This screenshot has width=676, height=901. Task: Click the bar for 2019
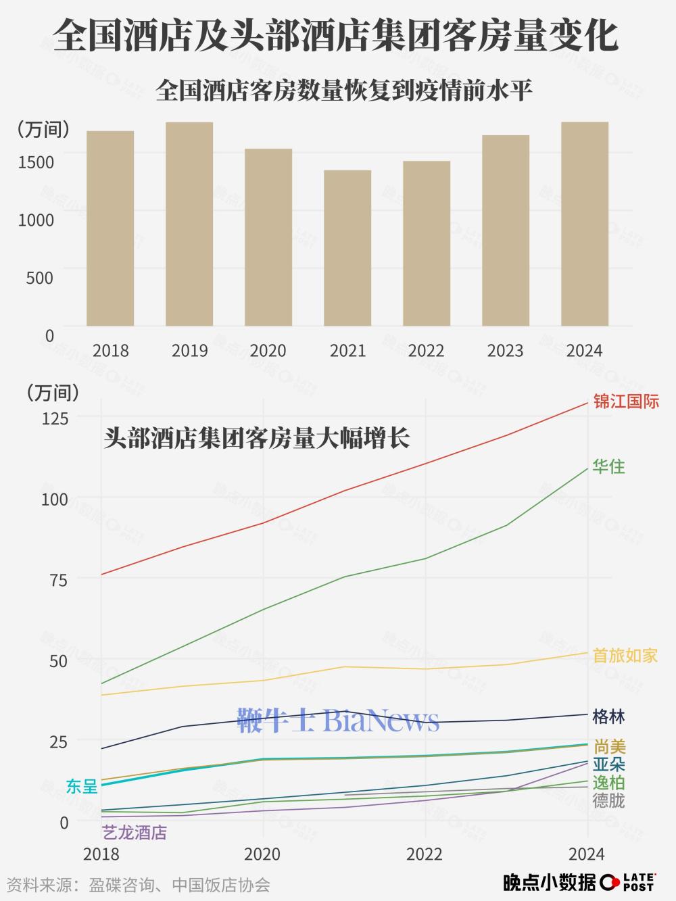189,224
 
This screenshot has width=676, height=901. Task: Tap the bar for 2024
585,224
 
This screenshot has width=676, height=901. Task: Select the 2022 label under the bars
427,351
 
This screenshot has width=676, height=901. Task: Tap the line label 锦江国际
625,401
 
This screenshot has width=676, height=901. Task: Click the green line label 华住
608,466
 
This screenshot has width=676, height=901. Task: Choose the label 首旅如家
625,656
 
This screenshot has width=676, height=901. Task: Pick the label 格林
608,716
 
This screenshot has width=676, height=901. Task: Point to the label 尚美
610,747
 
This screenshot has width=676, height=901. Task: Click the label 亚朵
608,765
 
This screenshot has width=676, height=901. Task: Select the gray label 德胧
608,801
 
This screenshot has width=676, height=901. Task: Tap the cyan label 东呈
82,786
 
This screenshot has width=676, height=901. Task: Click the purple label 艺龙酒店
134,833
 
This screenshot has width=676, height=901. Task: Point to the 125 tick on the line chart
55,418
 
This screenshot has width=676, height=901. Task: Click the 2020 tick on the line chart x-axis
262,854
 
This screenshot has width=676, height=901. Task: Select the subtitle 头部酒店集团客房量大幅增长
257,439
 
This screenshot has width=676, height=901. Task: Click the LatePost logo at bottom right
629,882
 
